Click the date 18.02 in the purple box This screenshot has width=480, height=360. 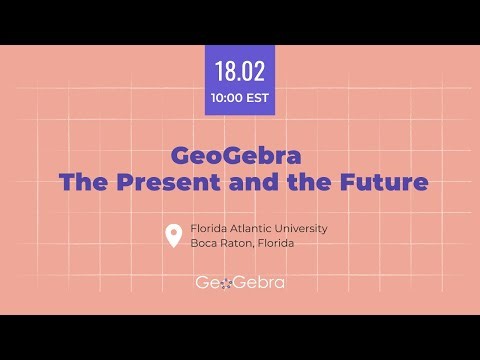tap(239, 73)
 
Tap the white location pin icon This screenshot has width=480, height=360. tap(173, 236)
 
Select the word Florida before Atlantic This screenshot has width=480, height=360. tap(212, 228)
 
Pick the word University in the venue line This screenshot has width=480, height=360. tap(305, 228)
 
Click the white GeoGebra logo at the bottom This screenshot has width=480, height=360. tap(240, 283)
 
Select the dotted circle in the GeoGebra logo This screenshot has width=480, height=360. tap(227, 284)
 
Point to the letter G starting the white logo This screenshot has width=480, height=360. tap(204, 283)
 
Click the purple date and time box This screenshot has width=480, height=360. tap(240, 81)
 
